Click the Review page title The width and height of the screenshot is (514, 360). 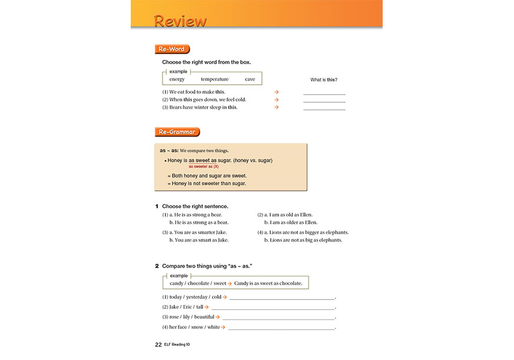click(180, 21)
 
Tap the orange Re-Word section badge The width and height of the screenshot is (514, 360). click(172, 49)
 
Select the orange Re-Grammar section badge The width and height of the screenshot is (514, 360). click(177, 132)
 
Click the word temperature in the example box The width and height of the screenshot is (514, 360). click(214, 79)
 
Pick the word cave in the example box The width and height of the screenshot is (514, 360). click(250, 79)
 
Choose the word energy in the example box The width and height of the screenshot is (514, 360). click(177, 79)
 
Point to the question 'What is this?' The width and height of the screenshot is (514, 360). click(324, 79)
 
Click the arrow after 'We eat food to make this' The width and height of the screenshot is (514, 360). click(276, 92)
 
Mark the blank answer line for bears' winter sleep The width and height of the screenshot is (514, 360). click(324, 108)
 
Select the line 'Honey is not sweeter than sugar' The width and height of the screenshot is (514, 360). click(207, 183)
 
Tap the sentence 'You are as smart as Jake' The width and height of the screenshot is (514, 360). click(198, 240)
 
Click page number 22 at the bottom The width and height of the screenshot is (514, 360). click(158, 345)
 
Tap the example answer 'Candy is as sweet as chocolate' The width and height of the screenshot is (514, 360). click(268, 284)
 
